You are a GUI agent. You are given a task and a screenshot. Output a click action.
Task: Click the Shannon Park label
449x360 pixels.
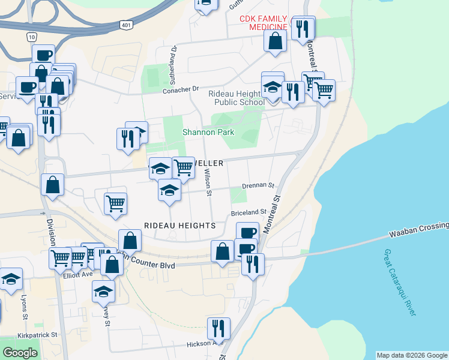[208, 132]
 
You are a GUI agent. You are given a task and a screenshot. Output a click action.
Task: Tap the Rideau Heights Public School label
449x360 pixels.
[236, 98]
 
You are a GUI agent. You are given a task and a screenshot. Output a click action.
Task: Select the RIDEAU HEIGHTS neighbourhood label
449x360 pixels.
[179, 226]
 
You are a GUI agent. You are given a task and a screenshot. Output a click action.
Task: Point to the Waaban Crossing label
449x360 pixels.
[418, 228]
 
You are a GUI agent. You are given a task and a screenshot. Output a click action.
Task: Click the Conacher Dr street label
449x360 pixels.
[181, 89]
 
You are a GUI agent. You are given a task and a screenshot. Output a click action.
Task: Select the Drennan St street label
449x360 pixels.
[258, 186]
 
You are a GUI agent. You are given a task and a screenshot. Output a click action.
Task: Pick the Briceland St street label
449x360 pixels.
[249, 212]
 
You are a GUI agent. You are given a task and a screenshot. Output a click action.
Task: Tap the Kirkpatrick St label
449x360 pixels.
[37, 335]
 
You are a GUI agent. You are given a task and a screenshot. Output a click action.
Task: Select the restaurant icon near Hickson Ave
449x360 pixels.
[218, 328]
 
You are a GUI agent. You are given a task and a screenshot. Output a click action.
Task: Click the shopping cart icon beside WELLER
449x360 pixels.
[183, 168]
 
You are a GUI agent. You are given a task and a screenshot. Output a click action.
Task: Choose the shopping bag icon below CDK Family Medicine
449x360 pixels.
[275, 41]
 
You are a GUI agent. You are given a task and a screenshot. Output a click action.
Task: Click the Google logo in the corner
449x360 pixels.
[20, 353]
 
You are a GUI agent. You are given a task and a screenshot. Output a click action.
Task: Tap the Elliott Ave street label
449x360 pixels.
[78, 274]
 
